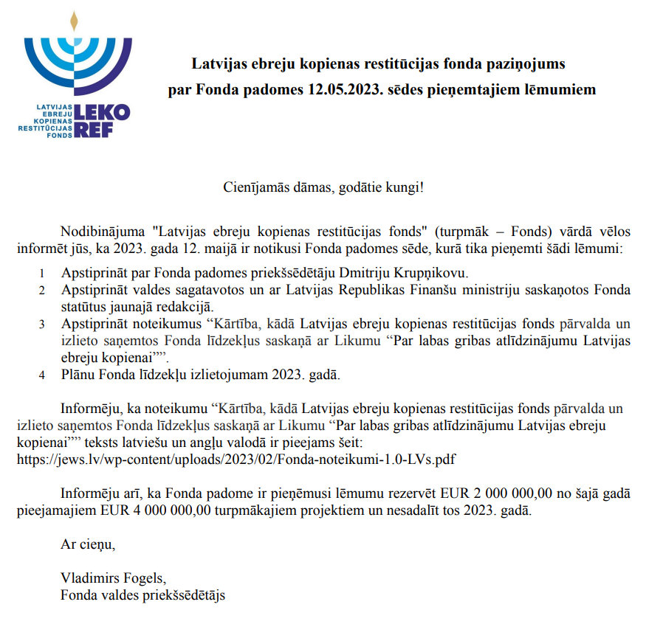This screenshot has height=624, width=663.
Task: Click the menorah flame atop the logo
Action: tap(73, 21)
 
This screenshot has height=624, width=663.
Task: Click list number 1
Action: tap(42, 272)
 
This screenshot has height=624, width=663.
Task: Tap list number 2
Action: tap(42, 290)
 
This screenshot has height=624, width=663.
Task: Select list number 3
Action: tap(42, 324)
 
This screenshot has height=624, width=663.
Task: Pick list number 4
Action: tap(42, 375)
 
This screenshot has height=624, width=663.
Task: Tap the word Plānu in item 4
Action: tap(78, 374)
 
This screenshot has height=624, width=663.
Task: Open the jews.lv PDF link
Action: tap(236, 459)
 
